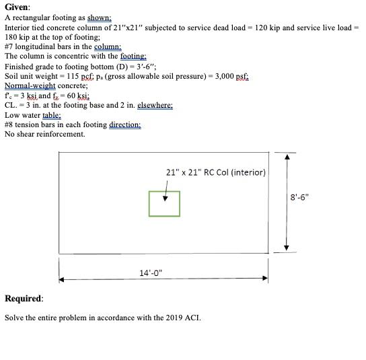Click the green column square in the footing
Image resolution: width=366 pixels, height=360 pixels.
pyautogui.click(x=164, y=204)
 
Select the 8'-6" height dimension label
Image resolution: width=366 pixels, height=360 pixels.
pyautogui.click(x=300, y=197)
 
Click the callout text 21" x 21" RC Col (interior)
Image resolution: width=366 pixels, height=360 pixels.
pyautogui.click(x=215, y=172)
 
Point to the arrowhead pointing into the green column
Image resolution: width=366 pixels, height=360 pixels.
pyautogui.click(x=166, y=198)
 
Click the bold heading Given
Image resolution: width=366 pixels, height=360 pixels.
pyautogui.click(x=17, y=7)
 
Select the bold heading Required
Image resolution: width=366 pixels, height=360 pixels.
pyautogui.click(x=24, y=298)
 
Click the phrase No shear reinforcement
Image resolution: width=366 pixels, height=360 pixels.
pyautogui.click(x=45, y=134)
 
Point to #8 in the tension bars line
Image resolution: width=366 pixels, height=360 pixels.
pyautogui.click(x=9, y=124)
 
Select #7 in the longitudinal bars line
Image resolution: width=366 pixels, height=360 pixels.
pyautogui.click(x=9, y=46)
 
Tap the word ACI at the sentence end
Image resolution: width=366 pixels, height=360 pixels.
pyautogui.click(x=191, y=318)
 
